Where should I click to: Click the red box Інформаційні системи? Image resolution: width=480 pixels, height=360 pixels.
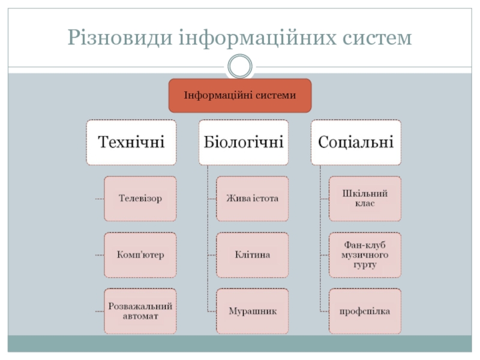[x=240, y=95]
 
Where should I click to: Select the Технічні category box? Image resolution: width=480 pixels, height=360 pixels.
[x=131, y=142]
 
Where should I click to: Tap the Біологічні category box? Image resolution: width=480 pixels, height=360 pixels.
[x=244, y=142]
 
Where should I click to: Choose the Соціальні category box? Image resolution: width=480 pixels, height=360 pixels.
[x=356, y=142]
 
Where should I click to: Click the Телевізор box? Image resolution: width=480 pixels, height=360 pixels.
[x=140, y=198]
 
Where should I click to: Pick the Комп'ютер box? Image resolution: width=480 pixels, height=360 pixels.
[x=140, y=254]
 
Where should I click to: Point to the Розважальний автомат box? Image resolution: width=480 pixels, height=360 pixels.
[x=140, y=311]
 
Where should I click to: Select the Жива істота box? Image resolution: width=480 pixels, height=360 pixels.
[x=252, y=198]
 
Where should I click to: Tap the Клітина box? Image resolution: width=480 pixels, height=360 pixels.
[x=252, y=254]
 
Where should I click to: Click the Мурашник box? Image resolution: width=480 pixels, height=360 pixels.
[x=252, y=311]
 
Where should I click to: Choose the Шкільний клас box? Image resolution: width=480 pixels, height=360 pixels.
[x=365, y=198]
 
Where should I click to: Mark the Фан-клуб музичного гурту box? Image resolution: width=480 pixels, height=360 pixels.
[x=365, y=254]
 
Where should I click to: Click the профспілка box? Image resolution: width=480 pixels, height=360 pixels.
[x=365, y=311]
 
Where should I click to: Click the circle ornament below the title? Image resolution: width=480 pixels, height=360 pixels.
[x=240, y=66]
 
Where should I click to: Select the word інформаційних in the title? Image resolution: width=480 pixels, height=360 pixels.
[x=251, y=38]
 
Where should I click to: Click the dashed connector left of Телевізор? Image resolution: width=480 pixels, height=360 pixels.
[x=99, y=199]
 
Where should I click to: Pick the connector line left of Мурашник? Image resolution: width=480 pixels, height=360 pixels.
[x=211, y=311]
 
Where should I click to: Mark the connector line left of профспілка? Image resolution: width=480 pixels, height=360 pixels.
[x=324, y=311]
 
